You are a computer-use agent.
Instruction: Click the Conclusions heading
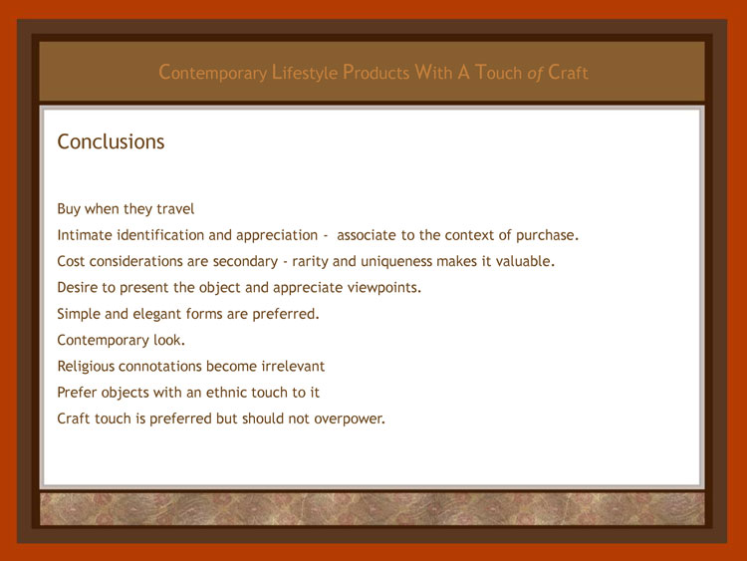111,141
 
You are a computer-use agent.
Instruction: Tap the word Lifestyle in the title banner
305,73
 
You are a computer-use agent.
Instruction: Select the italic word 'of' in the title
535,73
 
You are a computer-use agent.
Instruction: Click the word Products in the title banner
375,73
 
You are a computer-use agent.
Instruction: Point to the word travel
175,209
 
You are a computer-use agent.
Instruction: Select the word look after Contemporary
169,340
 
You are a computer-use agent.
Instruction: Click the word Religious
86,367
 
